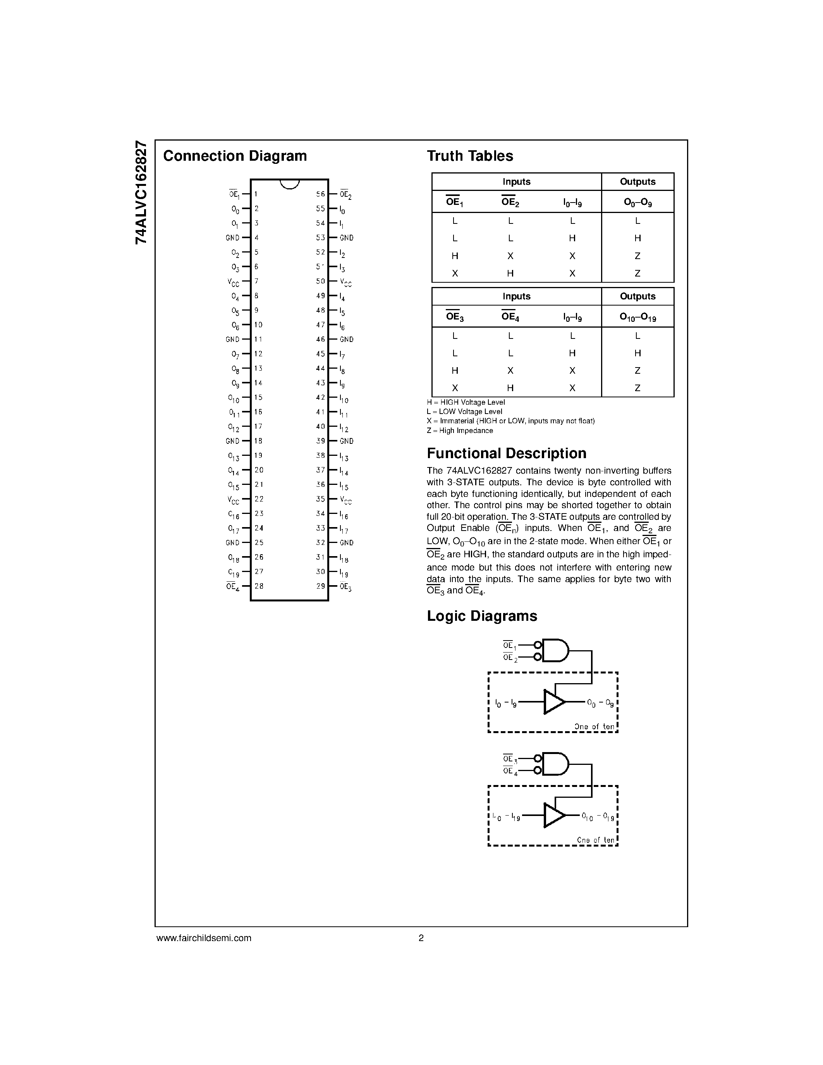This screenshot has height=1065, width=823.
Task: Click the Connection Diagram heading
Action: (x=235, y=156)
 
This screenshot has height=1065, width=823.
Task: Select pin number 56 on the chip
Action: (x=320, y=194)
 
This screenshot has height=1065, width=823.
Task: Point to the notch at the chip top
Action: (x=289, y=184)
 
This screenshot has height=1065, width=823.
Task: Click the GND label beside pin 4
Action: (x=232, y=238)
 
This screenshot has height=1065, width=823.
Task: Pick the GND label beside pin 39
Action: (x=347, y=441)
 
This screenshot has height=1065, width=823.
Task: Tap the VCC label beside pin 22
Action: (x=234, y=500)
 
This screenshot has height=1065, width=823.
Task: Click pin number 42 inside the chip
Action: (x=320, y=397)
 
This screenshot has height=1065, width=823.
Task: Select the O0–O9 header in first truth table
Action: (x=637, y=202)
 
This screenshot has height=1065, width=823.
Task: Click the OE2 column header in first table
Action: (x=510, y=202)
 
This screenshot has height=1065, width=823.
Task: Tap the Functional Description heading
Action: (x=506, y=453)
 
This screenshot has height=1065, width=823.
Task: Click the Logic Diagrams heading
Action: (x=482, y=616)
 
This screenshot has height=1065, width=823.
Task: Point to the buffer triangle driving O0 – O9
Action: (x=553, y=702)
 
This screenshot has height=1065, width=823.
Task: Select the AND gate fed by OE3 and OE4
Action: (x=555, y=764)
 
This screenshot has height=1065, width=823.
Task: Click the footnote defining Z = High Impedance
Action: (x=459, y=431)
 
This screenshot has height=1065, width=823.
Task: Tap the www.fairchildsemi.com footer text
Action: (x=203, y=938)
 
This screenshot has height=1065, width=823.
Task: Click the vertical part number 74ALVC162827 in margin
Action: (x=141, y=192)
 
